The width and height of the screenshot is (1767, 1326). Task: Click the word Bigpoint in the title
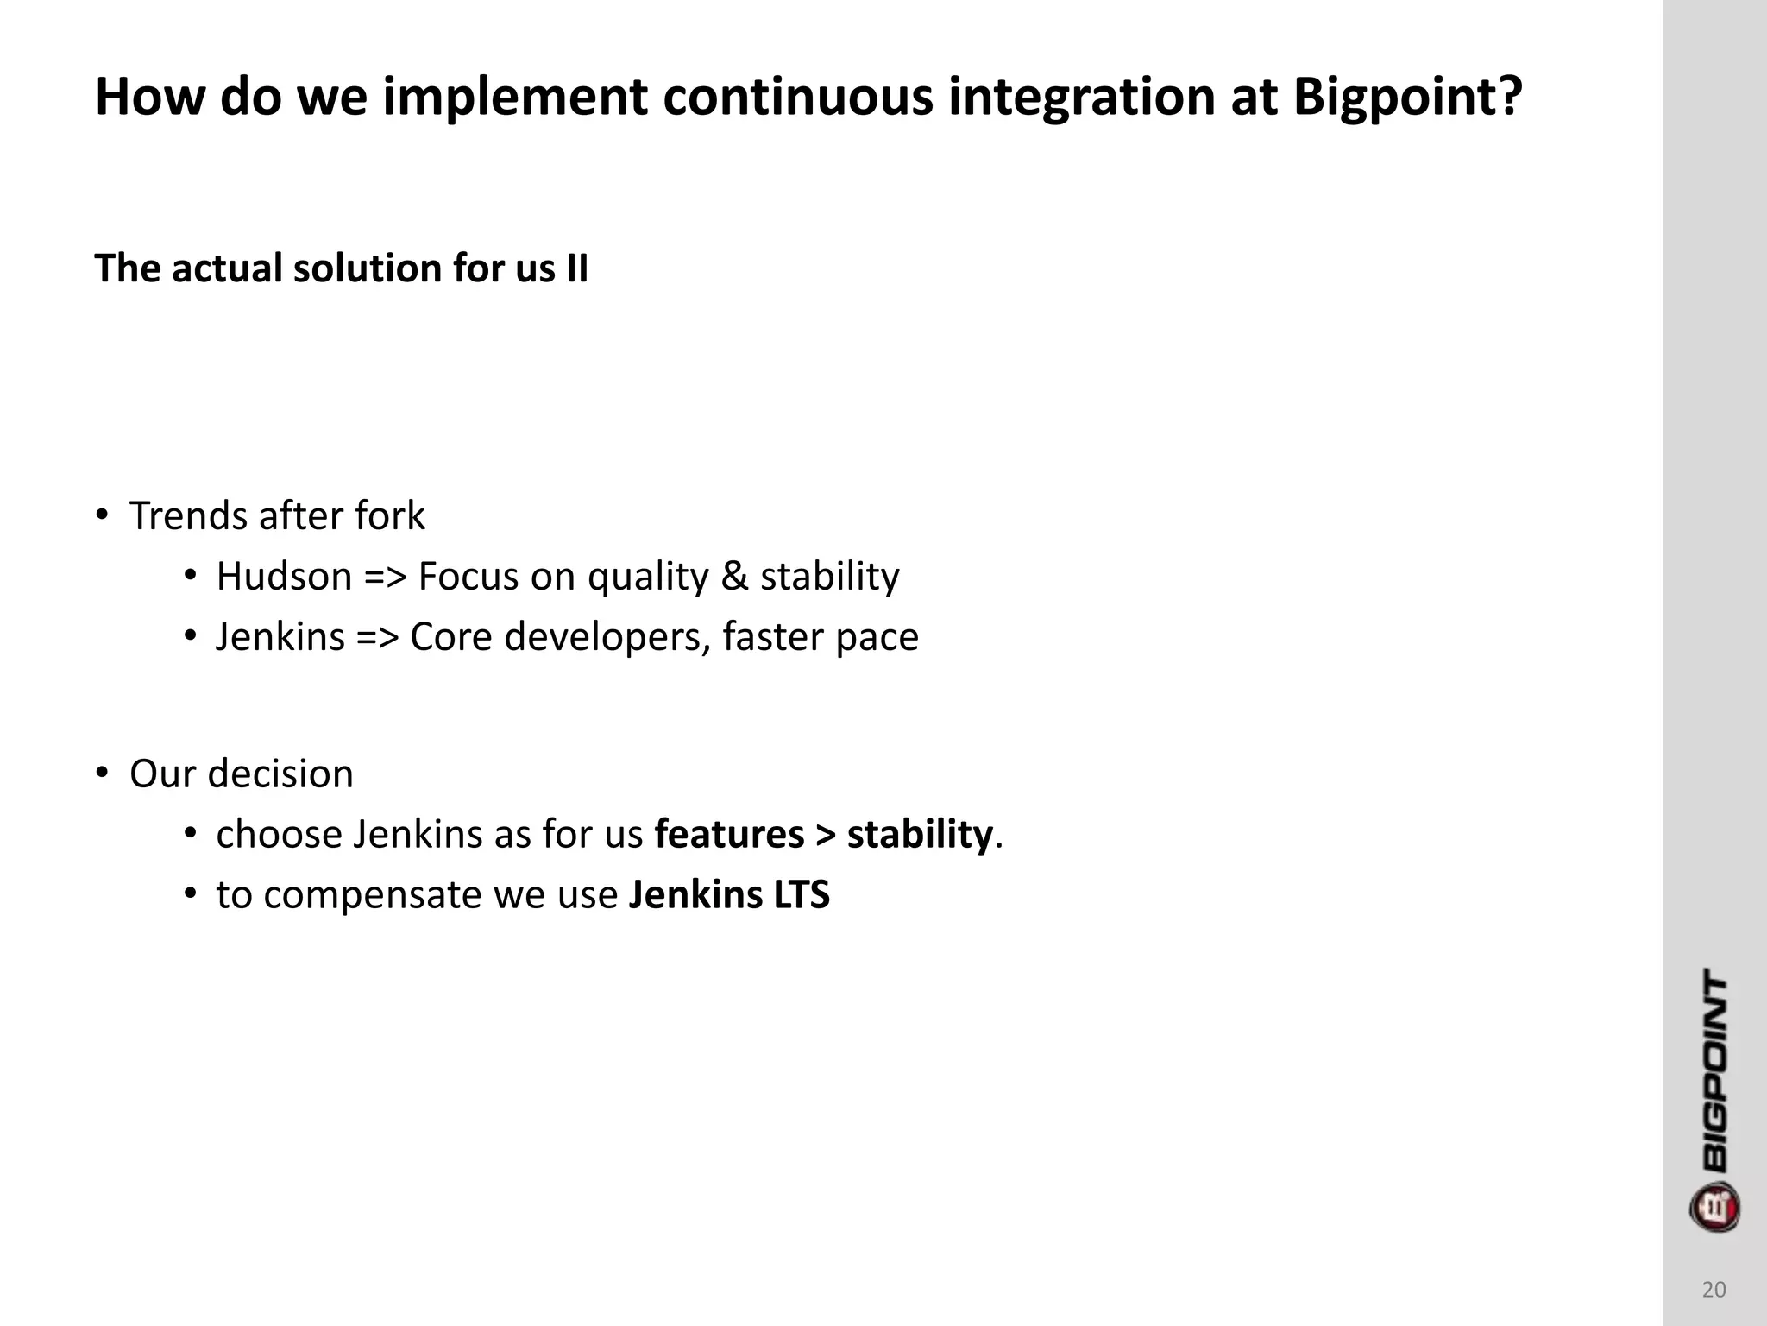[x=1407, y=97]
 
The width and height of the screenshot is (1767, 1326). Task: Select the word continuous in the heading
[x=798, y=97]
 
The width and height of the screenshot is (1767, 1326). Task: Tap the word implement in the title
[x=514, y=97]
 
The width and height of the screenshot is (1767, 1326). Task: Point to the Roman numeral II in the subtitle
[x=577, y=268]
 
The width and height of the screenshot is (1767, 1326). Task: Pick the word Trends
[x=188, y=516]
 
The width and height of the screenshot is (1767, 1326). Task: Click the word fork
[x=390, y=516]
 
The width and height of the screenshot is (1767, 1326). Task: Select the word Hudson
[x=284, y=577]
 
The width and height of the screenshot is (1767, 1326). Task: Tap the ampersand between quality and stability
[x=734, y=577]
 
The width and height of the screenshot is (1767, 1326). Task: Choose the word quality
[x=645, y=577]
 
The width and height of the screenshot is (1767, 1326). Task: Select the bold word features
[x=729, y=834]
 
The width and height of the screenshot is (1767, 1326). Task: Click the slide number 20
[x=1714, y=1290]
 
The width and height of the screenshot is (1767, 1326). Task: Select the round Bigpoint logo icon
[x=1714, y=1206]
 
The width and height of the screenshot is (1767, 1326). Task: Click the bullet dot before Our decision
[x=102, y=772]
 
